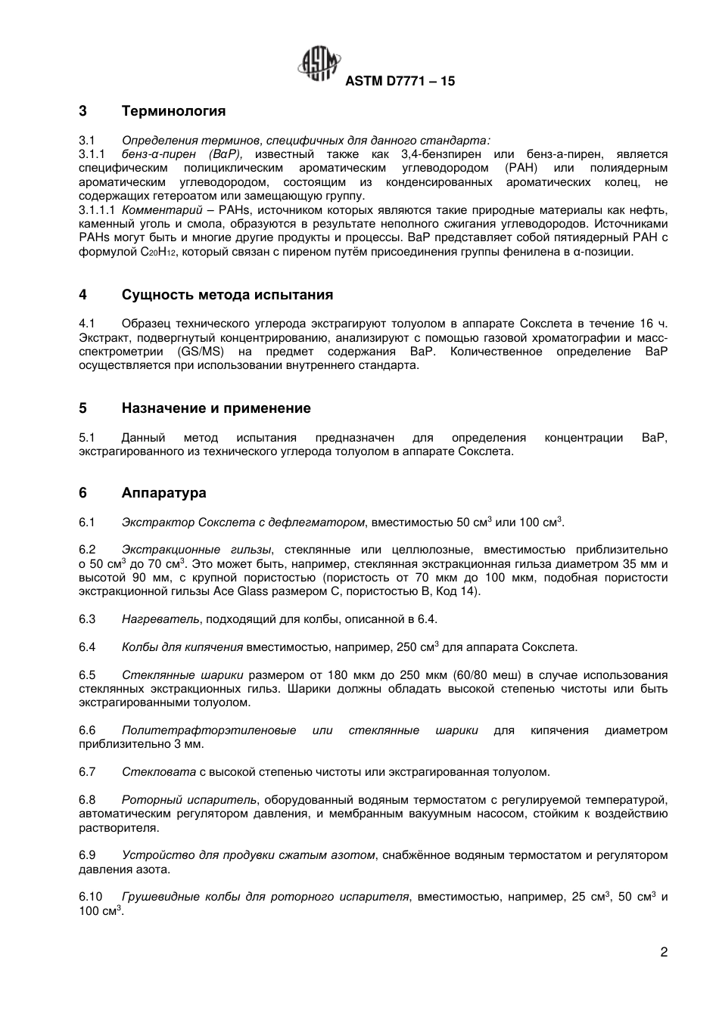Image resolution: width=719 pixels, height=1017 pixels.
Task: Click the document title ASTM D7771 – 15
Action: point(400,81)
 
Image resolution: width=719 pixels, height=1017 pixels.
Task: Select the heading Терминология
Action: point(173,111)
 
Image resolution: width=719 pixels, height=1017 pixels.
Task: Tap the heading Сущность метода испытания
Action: point(227,295)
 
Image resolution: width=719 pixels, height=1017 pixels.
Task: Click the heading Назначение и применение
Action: point(216,408)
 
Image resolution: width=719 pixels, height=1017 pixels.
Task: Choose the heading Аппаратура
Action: point(163,493)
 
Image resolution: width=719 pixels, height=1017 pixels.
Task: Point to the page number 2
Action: point(664,952)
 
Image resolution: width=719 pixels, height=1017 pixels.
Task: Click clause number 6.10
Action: point(90,897)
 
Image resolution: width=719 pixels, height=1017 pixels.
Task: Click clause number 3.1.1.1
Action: point(96,210)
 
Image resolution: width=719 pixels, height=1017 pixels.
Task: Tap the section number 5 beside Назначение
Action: point(82,408)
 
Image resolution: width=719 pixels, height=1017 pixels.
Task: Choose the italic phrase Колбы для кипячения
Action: point(182,647)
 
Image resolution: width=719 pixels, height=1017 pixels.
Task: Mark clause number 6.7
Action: point(87,772)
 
